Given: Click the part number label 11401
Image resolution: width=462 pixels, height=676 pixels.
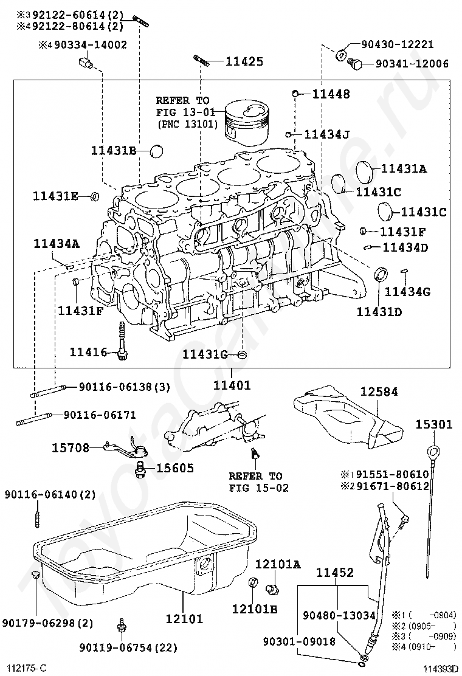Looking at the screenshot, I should click(x=231, y=385).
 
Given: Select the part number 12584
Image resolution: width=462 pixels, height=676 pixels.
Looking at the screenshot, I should click(x=378, y=392).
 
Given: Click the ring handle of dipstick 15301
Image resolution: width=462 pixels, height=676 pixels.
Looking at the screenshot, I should click(x=433, y=451).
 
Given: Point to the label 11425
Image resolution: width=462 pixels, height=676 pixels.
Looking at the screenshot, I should click(x=244, y=61).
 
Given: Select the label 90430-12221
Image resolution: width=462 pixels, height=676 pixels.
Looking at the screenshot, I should click(x=396, y=44).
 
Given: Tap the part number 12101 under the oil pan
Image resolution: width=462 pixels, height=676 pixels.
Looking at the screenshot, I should click(x=184, y=619).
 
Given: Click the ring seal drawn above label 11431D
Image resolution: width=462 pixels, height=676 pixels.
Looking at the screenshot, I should click(x=381, y=274).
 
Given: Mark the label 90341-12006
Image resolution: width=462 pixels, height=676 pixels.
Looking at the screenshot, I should click(x=412, y=63).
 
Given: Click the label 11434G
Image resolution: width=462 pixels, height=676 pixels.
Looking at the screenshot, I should click(x=407, y=292).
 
